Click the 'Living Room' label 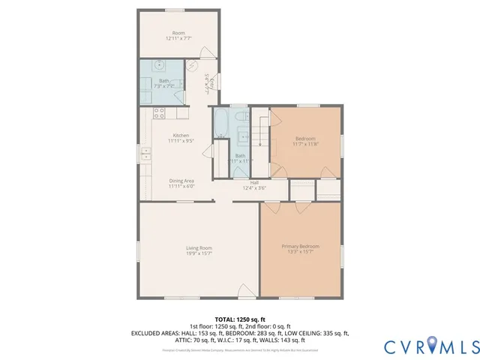199,247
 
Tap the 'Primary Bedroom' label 300,247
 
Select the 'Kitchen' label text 176,135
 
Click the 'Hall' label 255,182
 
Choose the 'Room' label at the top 178,32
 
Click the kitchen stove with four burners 159,113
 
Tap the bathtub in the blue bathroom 223,127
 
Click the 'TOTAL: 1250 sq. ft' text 239,319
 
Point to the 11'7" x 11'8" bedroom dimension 305,145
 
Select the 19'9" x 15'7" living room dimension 199,253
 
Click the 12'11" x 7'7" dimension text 178,38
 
